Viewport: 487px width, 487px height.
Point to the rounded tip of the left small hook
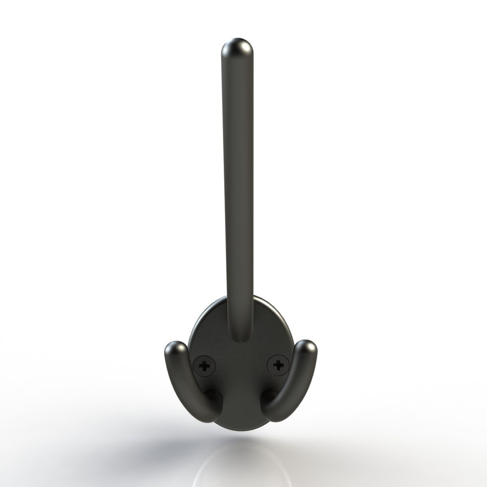pyautogui.click(x=175, y=350)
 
